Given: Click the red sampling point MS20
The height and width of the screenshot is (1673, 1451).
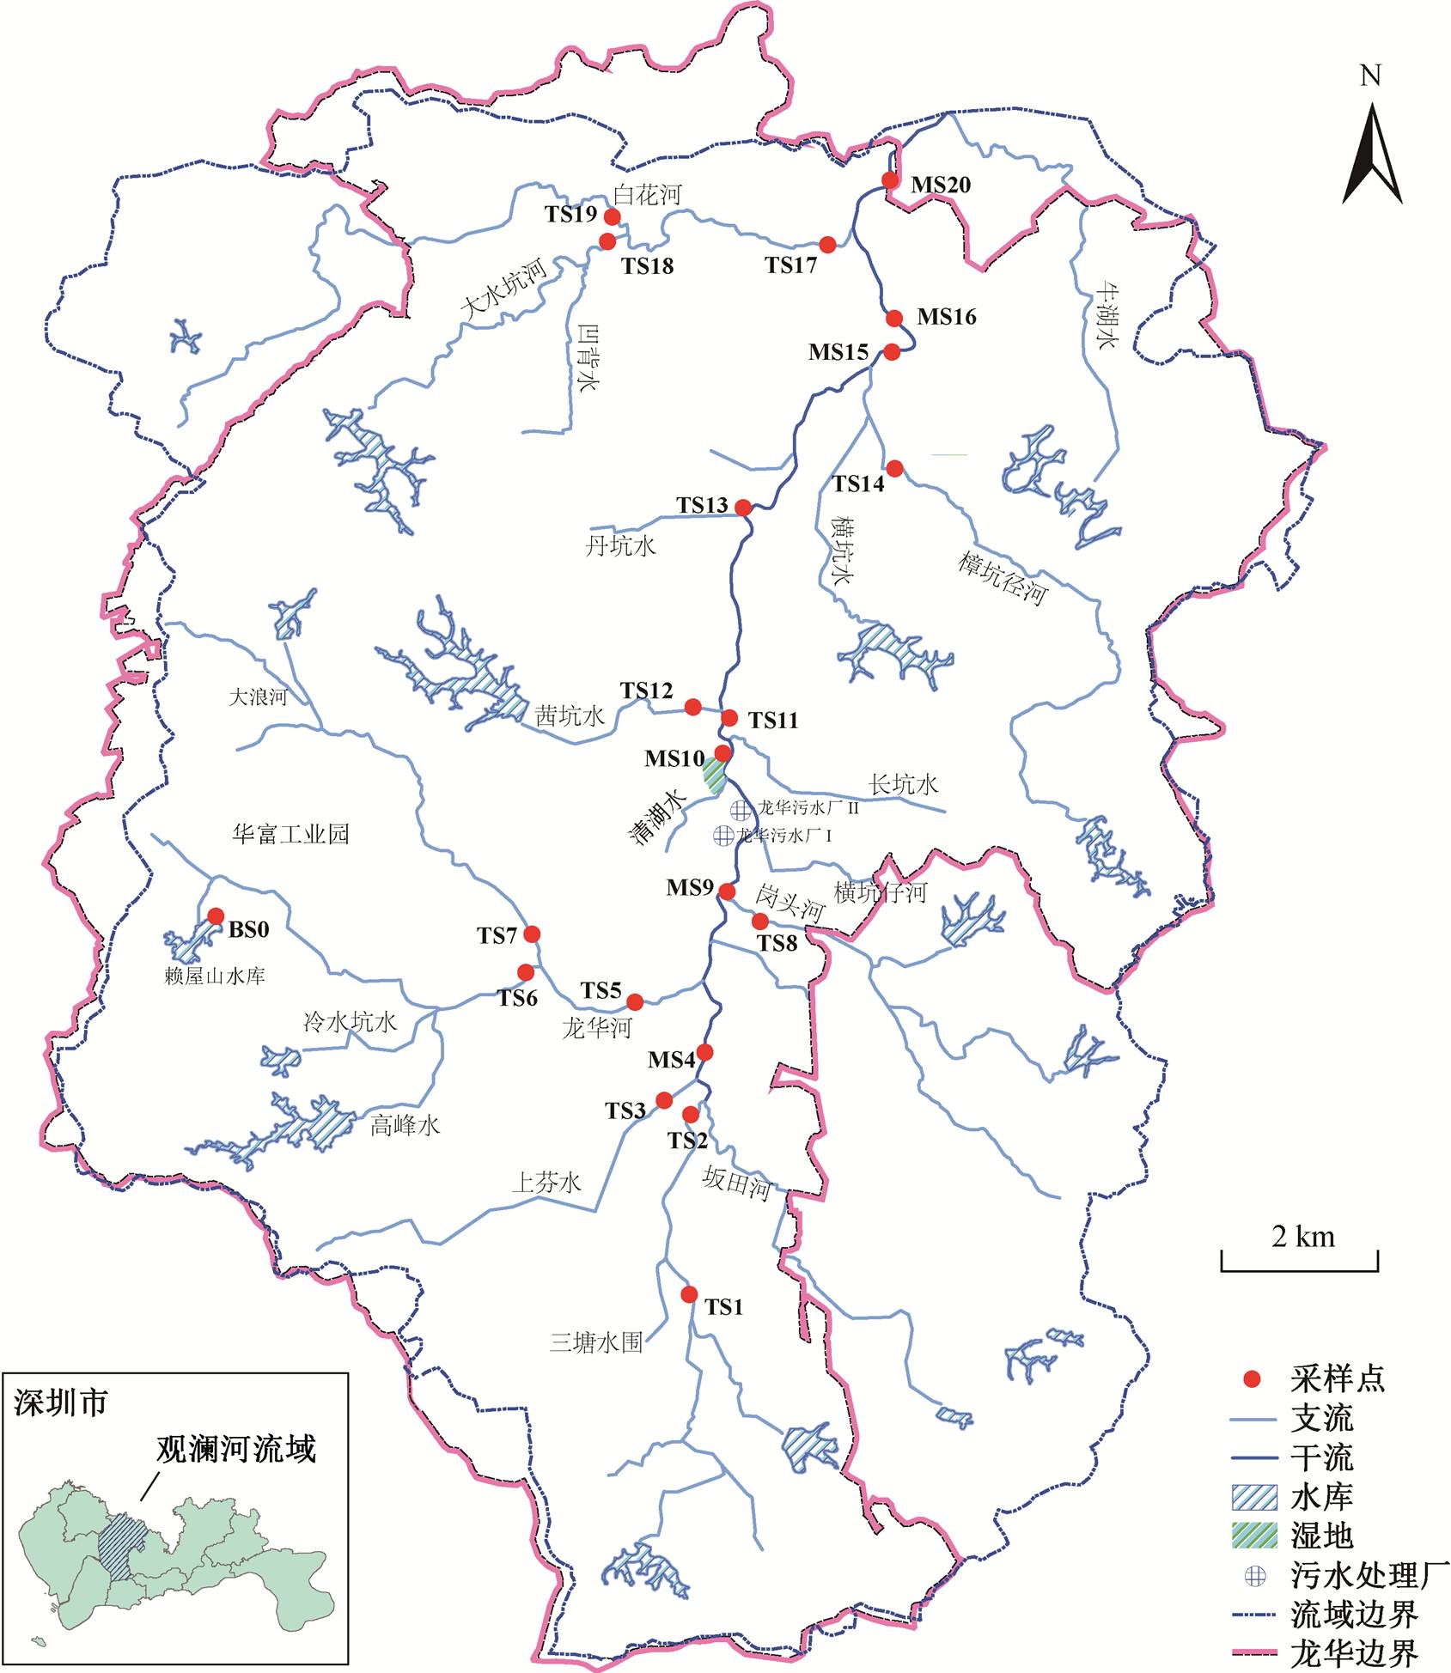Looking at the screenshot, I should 890,180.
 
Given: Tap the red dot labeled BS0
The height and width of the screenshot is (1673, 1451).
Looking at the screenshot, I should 216,916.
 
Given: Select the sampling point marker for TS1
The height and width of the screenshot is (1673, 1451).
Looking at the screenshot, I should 689,1294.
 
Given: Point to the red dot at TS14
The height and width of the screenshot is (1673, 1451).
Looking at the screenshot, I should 894,468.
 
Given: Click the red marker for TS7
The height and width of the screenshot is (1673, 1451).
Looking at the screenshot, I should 532,934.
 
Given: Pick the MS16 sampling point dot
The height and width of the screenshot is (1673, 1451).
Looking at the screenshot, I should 894,319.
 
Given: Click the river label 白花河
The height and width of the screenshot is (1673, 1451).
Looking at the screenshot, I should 648,195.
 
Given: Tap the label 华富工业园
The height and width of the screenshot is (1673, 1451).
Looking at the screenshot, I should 290,834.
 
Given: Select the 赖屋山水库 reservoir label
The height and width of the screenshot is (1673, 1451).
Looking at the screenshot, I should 215,976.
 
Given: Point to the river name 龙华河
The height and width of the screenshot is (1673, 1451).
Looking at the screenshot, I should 596,1027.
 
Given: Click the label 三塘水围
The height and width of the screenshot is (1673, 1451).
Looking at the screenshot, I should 596,1342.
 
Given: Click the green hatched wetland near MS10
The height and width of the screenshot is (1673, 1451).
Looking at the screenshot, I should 714,773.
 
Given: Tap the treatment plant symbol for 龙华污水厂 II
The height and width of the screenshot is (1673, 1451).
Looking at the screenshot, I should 740,809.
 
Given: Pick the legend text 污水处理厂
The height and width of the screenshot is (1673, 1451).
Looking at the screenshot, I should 1369,1575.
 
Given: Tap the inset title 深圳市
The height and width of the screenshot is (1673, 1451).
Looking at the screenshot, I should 60,1402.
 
